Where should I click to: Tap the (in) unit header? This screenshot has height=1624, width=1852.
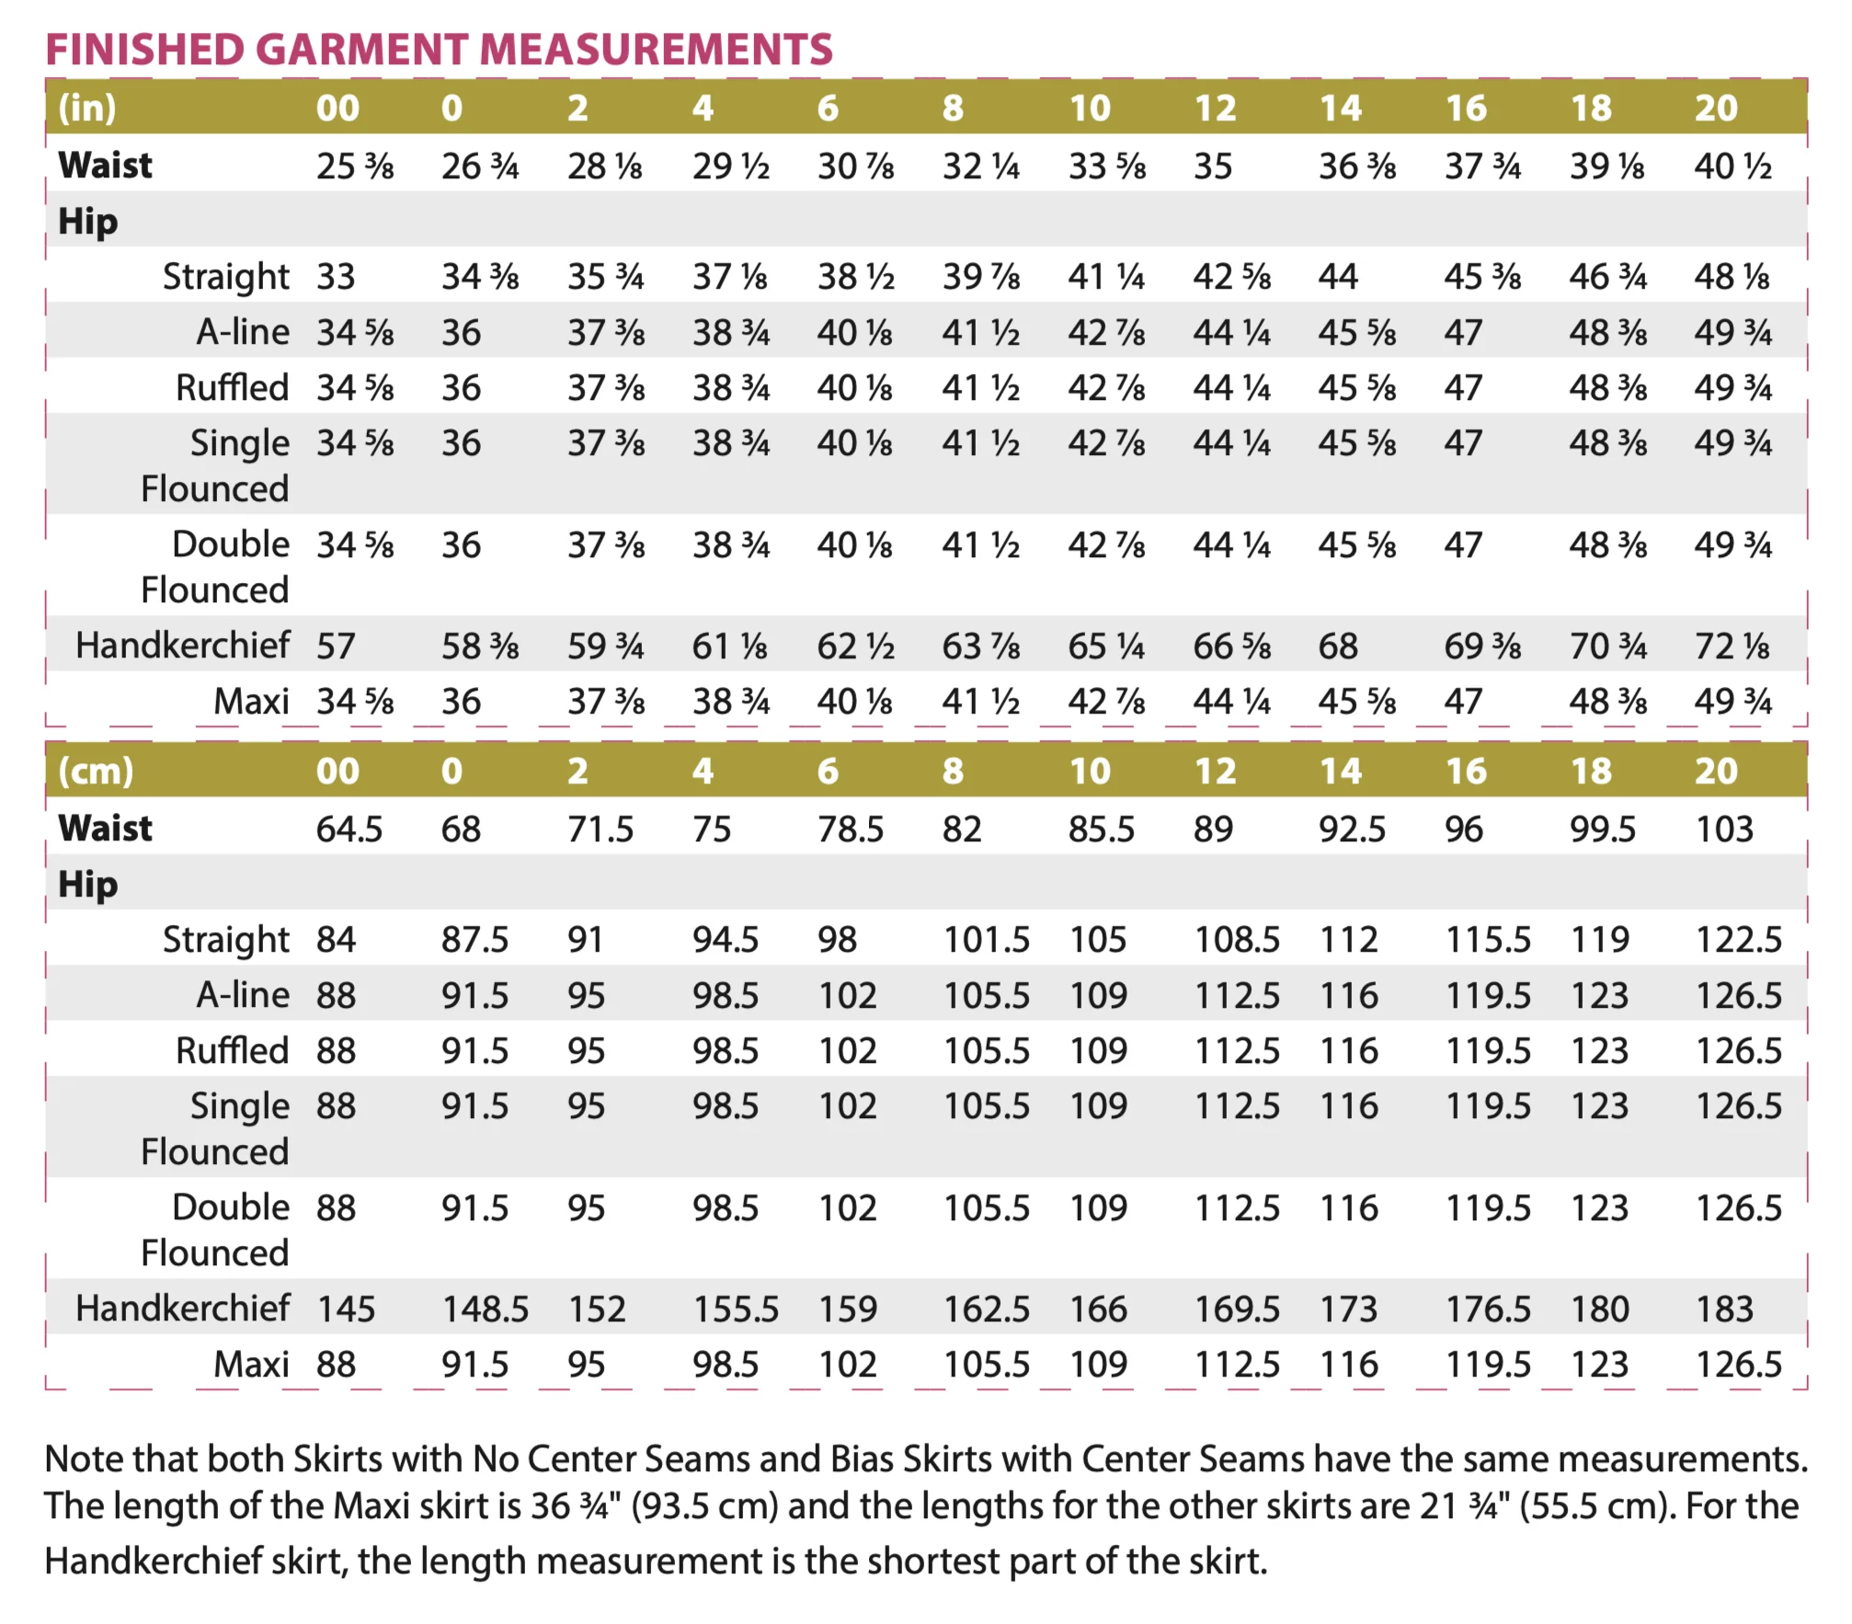tap(87, 109)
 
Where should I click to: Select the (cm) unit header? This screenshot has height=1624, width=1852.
tap(96, 772)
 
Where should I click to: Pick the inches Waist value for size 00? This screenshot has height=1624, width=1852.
tap(355, 166)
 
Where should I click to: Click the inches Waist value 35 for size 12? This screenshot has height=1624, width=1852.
tap(1213, 166)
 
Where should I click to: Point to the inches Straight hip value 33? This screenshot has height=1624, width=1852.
tap(336, 277)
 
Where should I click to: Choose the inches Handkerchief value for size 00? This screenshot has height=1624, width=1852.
tap(336, 646)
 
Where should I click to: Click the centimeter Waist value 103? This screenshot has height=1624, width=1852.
tap(1724, 829)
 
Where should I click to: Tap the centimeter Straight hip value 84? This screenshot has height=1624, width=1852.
tap(336, 940)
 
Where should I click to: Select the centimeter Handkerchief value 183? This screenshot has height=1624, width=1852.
tap(1724, 1309)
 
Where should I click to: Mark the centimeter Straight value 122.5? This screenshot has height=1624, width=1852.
tap(1738, 940)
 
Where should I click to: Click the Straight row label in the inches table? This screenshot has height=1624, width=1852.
tap(226, 278)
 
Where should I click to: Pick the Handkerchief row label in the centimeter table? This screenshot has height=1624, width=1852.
tap(182, 1309)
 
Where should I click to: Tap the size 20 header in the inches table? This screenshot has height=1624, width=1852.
tap(1716, 109)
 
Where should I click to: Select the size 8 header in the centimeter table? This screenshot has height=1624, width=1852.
tap(953, 772)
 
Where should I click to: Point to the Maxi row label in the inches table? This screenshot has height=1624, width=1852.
tap(251, 702)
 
